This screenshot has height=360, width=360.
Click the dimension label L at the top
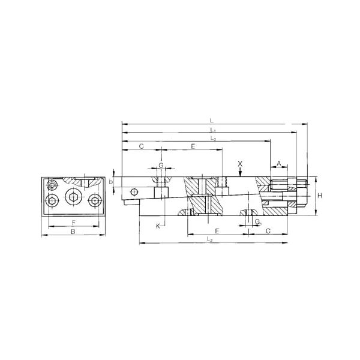click(212, 121)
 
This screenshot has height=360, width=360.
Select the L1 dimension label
click(212, 130)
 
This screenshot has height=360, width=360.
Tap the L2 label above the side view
click(213, 139)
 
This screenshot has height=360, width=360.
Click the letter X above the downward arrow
click(240, 163)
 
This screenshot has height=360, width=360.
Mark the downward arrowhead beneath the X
click(240, 175)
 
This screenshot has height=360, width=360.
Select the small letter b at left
click(111, 181)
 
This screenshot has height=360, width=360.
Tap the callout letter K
click(158, 226)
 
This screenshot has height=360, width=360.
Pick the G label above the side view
click(161, 164)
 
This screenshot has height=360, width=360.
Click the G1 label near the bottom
click(257, 223)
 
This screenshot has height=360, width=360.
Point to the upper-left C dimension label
click(140, 146)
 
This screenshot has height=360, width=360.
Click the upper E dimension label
click(193, 146)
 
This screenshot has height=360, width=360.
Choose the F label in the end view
click(73, 223)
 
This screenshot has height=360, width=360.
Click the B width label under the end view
click(73, 231)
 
